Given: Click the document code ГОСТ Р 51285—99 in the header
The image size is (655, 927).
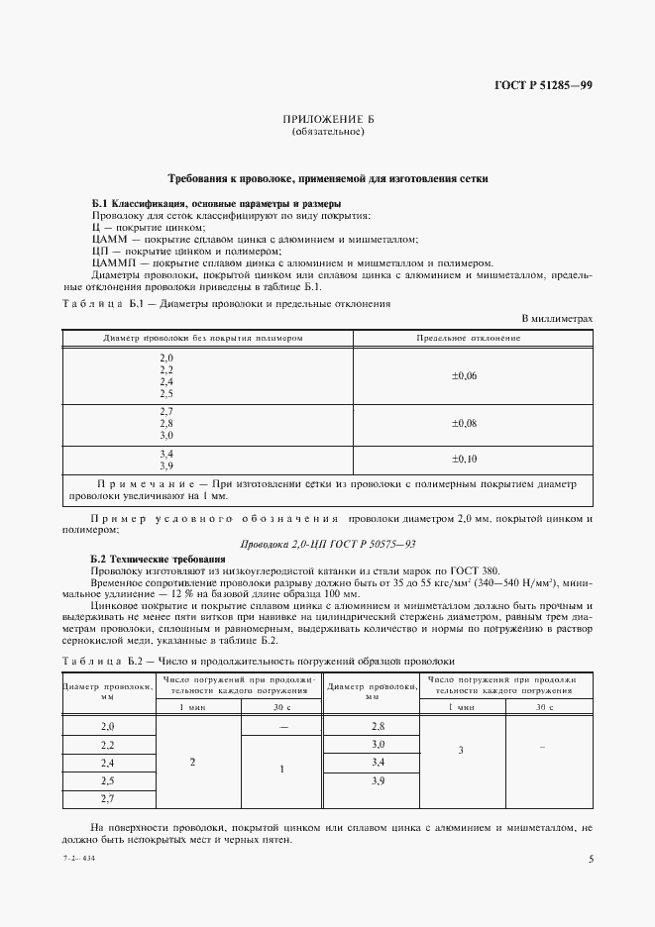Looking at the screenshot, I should pyautogui.click(x=543, y=86).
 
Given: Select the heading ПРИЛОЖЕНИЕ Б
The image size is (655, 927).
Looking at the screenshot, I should pyautogui.click(x=328, y=120).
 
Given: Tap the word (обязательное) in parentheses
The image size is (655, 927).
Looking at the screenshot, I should pyautogui.click(x=328, y=132).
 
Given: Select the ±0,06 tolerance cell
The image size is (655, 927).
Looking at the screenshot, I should pyautogui.click(x=465, y=375).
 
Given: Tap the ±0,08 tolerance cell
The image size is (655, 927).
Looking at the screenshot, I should pyautogui.click(x=465, y=423).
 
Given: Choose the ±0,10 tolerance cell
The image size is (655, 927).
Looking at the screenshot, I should pyautogui.click(x=465, y=459).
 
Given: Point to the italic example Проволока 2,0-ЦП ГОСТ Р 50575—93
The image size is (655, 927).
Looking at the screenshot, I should pyautogui.click(x=327, y=544).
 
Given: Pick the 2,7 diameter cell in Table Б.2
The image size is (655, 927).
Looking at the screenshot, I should pyautogui.click(x=108, y=797).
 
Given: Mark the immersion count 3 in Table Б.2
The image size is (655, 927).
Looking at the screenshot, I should pyautogui.click(x=462, y=751).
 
